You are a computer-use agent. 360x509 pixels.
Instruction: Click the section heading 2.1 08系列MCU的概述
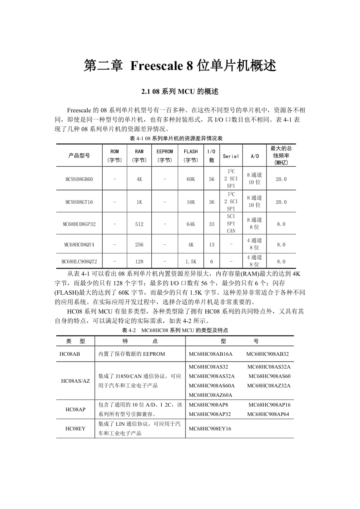(x=180, y=92)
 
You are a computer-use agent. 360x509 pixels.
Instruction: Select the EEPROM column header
(x=164, y=155)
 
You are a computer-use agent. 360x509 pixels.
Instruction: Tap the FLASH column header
(x=191, y=155)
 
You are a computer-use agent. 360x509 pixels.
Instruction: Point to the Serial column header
(x=231, y=156)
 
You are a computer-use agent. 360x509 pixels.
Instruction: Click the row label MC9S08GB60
(x=79, y=179)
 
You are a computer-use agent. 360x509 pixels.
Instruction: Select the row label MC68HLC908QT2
(x=79, y=262)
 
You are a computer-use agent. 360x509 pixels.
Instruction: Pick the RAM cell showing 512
(x=139, y=224)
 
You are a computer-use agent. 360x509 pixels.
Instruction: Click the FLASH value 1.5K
(x=191, y=262)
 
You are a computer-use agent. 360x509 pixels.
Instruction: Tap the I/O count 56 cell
(x=212, y=179)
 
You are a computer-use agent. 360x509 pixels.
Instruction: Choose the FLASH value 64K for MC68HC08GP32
(x=191, y=224)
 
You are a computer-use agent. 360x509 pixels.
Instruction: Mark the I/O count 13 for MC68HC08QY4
(x=212, y=245)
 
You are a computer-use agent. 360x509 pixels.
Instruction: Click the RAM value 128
(x=139, y=262)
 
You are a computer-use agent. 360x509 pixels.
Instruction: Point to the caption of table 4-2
(x=175, y=330)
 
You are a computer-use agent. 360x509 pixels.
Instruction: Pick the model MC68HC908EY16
(x=210, y=428)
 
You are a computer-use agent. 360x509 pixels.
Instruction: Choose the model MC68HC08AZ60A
(x=211, y=395)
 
